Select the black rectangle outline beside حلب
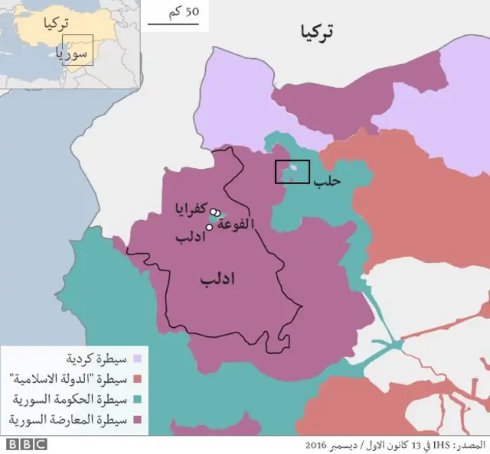tap(292, 172)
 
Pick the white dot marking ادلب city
tap(209, 227)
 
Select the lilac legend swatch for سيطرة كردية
tap(138, 358)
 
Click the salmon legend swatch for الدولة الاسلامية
tap(138, 378)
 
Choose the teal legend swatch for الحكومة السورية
tap(138, 399)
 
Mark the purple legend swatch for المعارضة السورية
tap(138, 420)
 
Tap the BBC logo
tap(27, 444)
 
